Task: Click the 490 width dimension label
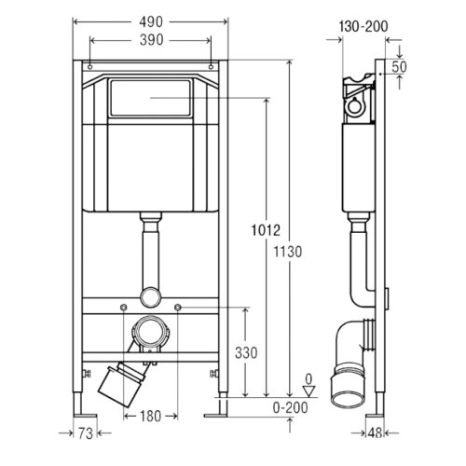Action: [x=151, y=22]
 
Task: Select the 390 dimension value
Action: [x=151, y=40]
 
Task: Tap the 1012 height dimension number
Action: [x=266, y=230]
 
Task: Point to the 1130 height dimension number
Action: [x=288, y=252]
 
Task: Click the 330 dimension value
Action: [x=246, y=353]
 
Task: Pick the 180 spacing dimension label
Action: [x=150, y=417]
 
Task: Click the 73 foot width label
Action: [x=85, y=433]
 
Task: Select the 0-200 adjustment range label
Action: [x=291, y=407]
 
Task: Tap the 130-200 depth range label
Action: [x=363, y=26]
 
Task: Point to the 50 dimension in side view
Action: [x=399, y=67]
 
